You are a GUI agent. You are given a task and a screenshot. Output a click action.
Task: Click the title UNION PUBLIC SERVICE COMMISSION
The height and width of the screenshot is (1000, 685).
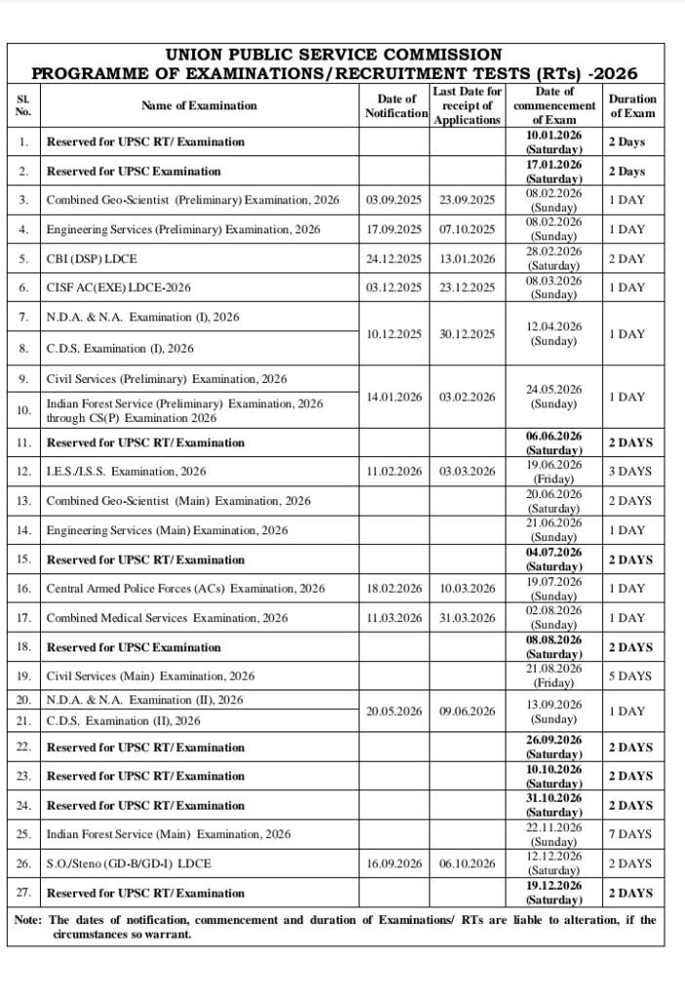coord(334,55)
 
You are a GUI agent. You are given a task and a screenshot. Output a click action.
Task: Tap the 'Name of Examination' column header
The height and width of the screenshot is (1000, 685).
coord(199,105)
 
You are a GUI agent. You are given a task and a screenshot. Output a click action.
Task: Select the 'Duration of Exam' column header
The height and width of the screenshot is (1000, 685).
coord(632,105)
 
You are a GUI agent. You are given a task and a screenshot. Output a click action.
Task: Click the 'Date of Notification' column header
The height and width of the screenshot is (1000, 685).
coord(395,105)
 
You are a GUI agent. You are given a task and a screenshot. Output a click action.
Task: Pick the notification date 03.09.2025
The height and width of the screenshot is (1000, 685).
coord(394,199)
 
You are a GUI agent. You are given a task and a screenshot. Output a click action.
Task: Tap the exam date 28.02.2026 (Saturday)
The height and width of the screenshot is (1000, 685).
coord(553,258)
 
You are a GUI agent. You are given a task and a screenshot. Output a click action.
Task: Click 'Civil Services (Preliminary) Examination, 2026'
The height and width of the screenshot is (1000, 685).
coord(167,378)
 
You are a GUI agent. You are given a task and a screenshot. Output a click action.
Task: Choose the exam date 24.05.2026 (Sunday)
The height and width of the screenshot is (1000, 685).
coord(553,396)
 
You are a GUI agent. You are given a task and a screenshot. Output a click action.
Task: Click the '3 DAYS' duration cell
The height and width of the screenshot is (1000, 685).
coord(629,471)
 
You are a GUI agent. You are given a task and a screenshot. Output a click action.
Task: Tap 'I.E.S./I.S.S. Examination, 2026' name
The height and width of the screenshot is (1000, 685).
coord(127,471)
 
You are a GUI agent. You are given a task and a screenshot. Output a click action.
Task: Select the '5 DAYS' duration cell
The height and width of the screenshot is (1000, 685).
coord(629,675)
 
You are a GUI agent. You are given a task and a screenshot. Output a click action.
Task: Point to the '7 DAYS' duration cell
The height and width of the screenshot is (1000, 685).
coord(629,834)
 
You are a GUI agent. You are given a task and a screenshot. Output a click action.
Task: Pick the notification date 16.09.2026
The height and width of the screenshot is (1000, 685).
coord(394,863)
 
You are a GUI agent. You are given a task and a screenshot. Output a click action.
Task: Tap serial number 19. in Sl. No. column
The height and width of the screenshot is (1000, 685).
coord(24,675)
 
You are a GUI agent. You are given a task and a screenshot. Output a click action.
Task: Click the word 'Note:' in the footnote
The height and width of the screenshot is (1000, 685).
coord(29,920)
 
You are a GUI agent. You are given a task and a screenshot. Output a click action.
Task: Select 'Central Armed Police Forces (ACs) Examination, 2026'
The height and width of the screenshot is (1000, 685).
coord(185,589)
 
